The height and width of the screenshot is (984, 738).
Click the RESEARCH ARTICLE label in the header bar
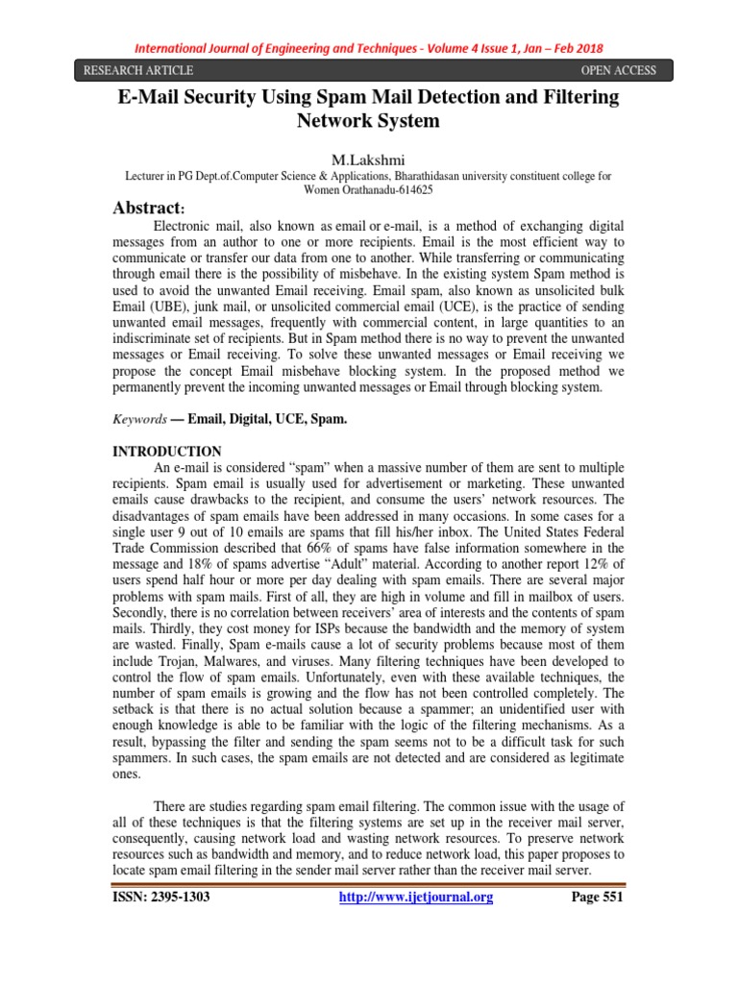(138, 70)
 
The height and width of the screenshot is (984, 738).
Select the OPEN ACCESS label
(619, 70)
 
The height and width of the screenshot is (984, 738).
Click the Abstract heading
(150, 208)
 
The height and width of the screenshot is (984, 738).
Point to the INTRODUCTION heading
(168, 452)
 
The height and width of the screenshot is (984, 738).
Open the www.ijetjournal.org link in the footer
(415, 898)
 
